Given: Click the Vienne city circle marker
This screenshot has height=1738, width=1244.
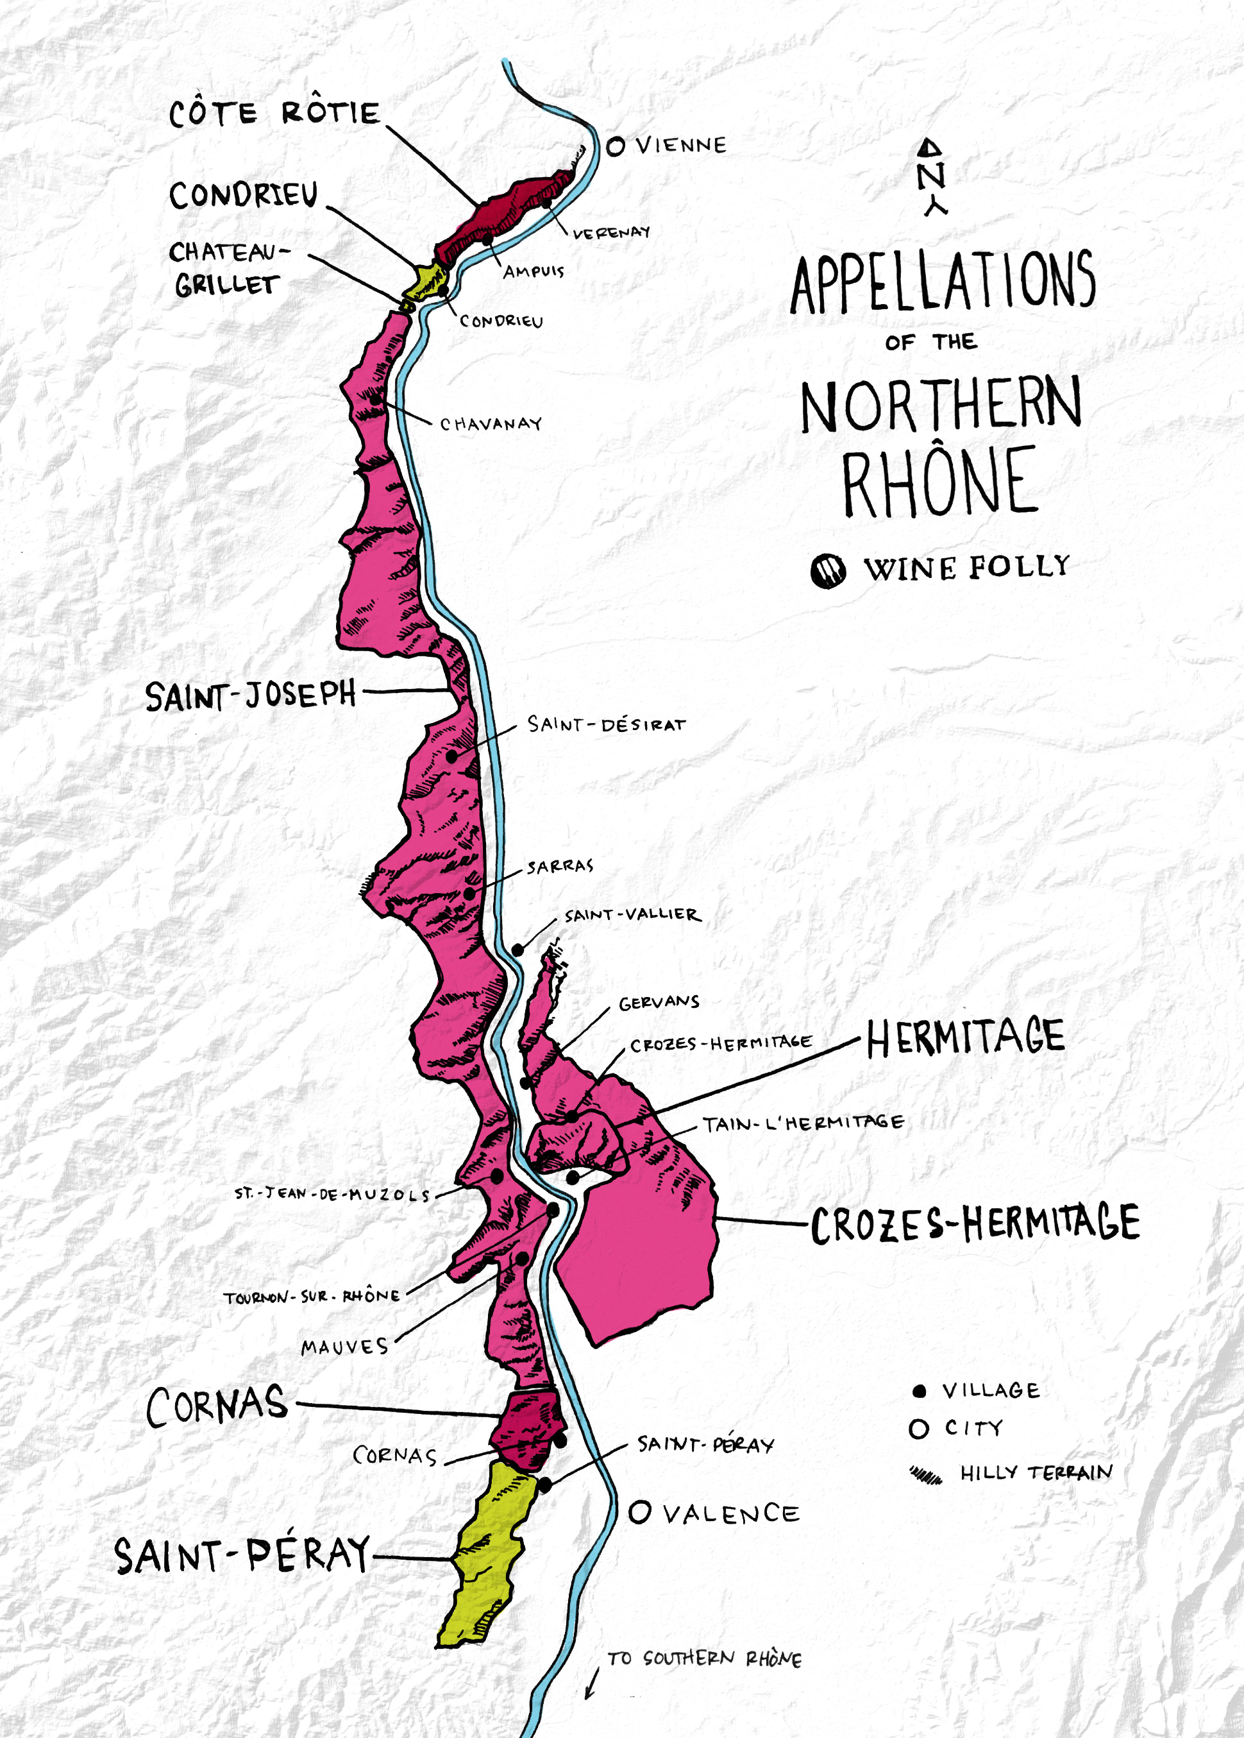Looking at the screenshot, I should coord(615,146).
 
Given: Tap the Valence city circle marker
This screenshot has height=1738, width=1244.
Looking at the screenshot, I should coord(639,1512).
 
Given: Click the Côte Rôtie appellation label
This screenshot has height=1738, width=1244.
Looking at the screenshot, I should coord(274,114).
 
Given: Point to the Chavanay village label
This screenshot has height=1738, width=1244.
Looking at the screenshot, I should coord(491,424).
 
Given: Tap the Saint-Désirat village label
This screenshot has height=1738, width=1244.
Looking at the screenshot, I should coord(606,724).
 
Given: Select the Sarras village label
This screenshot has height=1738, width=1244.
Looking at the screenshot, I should coord(560,867).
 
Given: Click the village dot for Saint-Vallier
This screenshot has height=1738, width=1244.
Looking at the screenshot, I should coord(518,950).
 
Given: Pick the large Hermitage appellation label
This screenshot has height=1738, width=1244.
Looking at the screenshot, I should coord(965,1037).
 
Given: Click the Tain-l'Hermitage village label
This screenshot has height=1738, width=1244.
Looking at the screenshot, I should coord(803,1123).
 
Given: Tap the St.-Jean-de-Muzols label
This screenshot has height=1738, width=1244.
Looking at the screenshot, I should coord(332,1194).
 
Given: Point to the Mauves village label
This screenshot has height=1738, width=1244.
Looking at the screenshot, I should coord(345,1347).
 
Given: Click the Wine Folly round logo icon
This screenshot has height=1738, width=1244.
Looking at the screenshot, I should coord(828,571).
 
